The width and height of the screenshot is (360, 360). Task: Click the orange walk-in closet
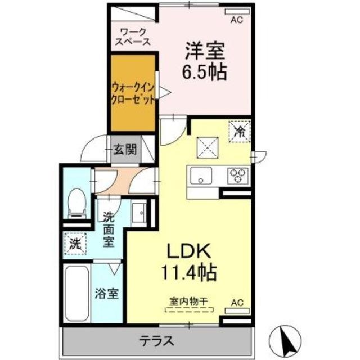[x=133, y=93]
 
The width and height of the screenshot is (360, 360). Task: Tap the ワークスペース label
[x=133, y=36]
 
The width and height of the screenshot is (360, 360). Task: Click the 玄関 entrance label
[x=125, y=150]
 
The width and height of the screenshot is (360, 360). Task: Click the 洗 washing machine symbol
[x=75, y=244]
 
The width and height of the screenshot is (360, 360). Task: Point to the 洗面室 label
[x=109, y=228]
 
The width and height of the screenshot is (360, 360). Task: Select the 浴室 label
[x=106, y=294]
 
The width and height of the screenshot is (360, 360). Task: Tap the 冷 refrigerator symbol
[x=240, y=133]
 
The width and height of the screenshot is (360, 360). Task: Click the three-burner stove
[x=238, y=175]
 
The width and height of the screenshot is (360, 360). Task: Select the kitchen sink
[x=200, y=176]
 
